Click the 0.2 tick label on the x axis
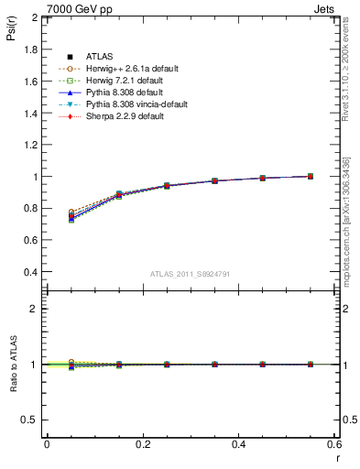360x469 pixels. [142, 444]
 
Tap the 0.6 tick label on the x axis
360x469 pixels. [333, 444]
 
